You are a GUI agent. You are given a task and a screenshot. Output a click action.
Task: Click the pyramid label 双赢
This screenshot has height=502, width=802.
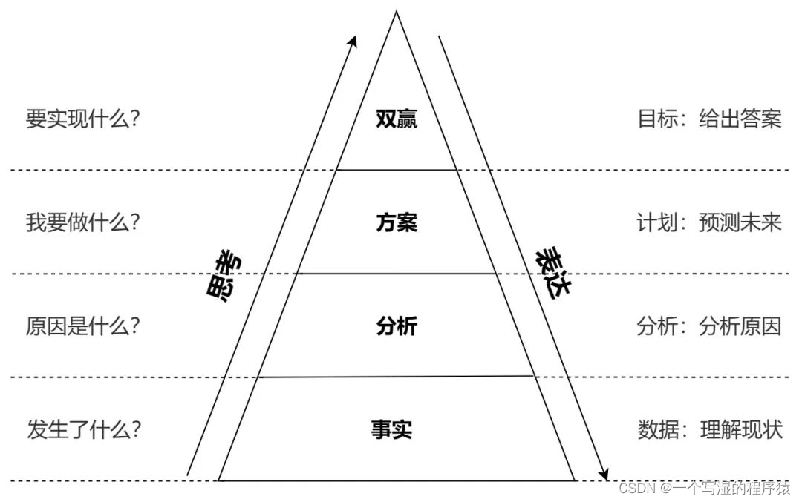click(x=397, y=119)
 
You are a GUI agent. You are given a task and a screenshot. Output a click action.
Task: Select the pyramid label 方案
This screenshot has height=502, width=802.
click(x=397, y=222)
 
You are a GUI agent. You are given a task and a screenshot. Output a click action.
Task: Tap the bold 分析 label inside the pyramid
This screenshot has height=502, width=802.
click(x=397, y=326)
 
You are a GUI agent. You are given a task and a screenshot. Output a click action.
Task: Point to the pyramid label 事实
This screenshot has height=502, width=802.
click(x=392, y=429)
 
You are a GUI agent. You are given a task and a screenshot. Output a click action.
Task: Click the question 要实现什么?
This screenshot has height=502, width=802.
click(x=83, y=119)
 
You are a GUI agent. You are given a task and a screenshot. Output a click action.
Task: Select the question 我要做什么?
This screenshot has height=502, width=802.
click(x=83, y=222)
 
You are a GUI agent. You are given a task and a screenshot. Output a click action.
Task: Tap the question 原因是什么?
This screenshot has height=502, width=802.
click(x=83, y=326)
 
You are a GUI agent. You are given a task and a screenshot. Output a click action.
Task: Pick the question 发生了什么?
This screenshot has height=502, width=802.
click(x=84, y=429)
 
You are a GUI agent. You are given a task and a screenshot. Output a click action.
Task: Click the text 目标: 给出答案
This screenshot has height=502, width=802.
click(x=709, y=119)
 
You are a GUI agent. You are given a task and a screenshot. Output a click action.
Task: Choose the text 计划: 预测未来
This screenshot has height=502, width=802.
click(x=709, y=222)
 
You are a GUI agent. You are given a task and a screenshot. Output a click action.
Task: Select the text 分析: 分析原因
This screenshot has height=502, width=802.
click(x=709, y=326)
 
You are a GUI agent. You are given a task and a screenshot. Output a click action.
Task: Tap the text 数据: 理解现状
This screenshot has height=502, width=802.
click(x=709, y=429)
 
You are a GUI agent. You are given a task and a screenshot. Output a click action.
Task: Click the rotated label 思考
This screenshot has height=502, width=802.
click(x=225, y=276)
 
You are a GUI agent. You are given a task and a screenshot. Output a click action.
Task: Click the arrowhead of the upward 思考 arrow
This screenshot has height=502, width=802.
click(x=353, y=40)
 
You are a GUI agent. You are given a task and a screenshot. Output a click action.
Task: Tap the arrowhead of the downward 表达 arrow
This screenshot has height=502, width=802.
click(x=604, y=473)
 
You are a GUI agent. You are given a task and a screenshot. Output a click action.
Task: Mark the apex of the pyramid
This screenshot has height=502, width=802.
click(x=396, y=11)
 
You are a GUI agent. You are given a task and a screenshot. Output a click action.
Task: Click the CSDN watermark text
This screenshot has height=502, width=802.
click(x=704, y=488)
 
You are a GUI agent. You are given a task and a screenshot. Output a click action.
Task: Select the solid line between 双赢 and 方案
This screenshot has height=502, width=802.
click(x=397, y=170)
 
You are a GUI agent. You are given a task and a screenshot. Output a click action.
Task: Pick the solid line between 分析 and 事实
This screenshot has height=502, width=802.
click(x=397, y=377)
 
